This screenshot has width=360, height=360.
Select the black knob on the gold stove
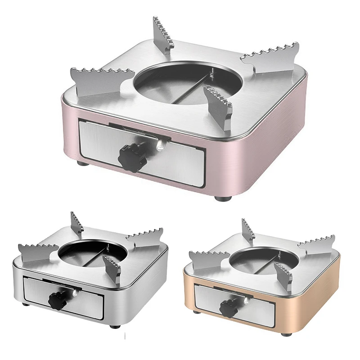(x=228, y=307)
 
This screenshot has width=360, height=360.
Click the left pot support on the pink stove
(x=97, y=83)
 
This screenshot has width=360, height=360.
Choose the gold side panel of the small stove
(x=315, y=292)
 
